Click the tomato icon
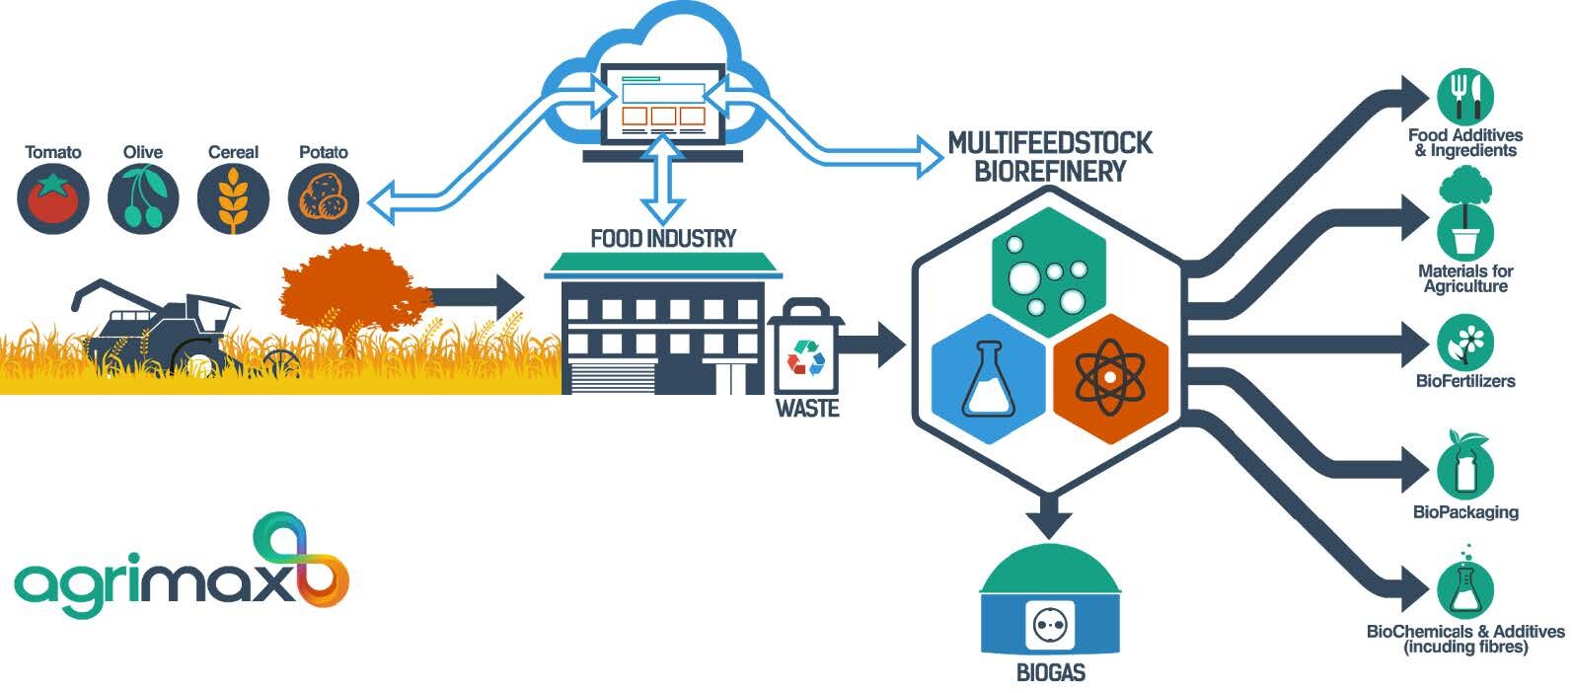tap(53, 198)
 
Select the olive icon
tap(143, 198)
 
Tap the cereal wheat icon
tap(233, 198)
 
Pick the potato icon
tap(324, 198)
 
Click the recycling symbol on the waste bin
tap(805, 357)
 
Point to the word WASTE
tap(807, 409)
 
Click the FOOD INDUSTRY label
tap(663, 239)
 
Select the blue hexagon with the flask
tap(989, 378)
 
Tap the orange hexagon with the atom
tap(1110, 378)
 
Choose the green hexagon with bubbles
tap(1049, 272)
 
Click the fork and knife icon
tap(1465, 96)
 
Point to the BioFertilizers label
tap(1465, 381)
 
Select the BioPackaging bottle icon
tap(1465, 466)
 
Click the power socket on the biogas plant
tap(1051, 624)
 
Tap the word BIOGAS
tap(1051, 672)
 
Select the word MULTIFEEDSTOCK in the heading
tap(1050, 143)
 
